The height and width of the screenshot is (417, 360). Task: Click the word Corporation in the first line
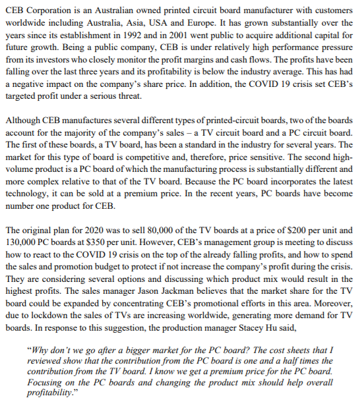click(51, 9)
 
